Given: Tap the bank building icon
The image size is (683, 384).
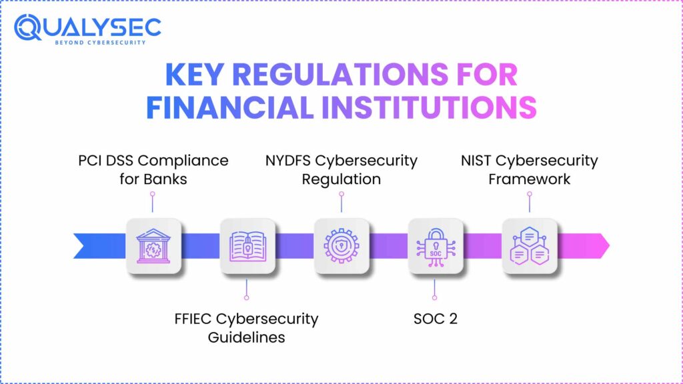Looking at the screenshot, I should tap(153, 246).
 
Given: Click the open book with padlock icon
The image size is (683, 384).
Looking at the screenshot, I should tap(247, 246).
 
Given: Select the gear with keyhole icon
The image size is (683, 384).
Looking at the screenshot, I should tap(341, 246).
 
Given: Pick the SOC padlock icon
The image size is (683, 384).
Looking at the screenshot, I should tap(436, 246).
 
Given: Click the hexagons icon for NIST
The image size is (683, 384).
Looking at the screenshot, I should tap(530, 246).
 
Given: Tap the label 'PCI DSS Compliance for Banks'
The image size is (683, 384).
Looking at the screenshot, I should tap(153, 169).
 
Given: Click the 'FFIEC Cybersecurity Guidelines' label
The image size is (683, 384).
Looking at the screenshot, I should tap(246, 327).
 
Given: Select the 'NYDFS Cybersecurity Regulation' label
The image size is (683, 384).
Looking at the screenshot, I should tap(341, 169).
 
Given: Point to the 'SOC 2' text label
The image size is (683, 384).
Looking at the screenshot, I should tap(435, 319).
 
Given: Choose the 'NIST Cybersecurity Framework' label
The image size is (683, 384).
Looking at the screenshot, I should tap(530, 169).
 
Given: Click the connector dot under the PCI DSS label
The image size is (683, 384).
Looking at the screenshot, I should tap(153, 193).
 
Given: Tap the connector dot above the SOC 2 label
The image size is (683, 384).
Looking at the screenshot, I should tap(435, 297).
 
